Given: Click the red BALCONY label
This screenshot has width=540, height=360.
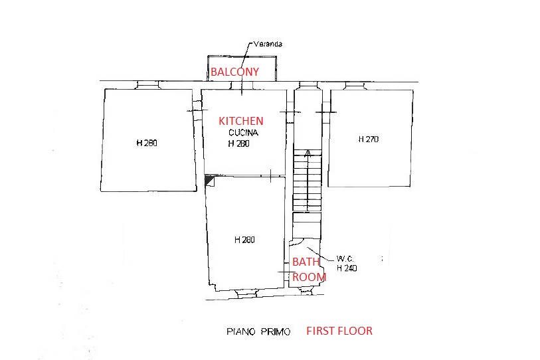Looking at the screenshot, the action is pos(234,72).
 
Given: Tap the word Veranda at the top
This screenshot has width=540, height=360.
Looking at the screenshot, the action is pos(268,44).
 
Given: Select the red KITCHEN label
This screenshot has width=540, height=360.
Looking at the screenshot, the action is pos(241,121).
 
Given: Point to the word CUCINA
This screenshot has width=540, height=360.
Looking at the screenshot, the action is pos(244,133).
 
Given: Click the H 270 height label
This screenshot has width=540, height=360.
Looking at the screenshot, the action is pos(369,139).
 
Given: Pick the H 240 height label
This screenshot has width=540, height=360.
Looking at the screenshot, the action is pos(347,268).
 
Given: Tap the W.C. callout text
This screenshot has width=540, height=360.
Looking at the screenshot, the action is pos(345,258).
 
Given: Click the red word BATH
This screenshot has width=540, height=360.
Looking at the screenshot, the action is pos(306,262).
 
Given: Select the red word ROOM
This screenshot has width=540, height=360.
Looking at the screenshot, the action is pos(310,277).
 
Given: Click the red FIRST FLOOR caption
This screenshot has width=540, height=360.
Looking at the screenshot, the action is pos(339,331).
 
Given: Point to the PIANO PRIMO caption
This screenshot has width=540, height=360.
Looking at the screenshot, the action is pos(258,331).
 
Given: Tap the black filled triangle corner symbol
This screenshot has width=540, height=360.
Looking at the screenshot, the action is pos(209,180).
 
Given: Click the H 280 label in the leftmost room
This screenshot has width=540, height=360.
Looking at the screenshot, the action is pos(147,143).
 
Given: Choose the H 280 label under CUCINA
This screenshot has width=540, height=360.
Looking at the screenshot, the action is pos(238,143).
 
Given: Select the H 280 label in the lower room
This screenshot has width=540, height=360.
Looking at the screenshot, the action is pos(244,240).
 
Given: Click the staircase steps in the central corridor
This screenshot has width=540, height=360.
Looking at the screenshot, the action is pos(307,180).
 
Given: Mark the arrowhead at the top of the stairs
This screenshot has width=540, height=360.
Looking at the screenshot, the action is pos(308,153).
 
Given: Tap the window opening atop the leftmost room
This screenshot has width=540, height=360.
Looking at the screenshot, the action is pos(148,85).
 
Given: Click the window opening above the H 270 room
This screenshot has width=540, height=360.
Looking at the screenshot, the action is pos(355,86).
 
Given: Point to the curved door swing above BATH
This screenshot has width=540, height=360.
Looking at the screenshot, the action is pos(296,242).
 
